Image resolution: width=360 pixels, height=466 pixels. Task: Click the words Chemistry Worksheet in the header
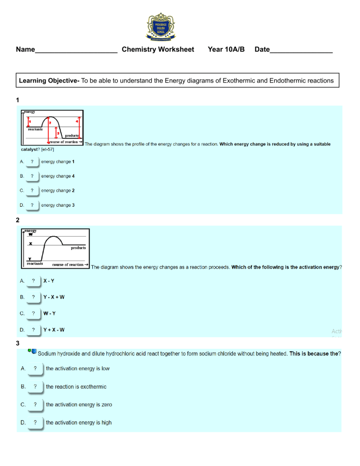(x=157, y=49)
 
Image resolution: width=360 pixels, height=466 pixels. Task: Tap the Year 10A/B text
(x=226, y=49)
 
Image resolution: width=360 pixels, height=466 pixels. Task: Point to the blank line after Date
(x=301, y=51)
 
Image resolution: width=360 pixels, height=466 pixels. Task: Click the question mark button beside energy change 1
(x=32, y=162)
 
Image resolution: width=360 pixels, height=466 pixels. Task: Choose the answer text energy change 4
(x=58, y=176)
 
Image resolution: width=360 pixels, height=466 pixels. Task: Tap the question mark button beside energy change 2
(x=32, y=191)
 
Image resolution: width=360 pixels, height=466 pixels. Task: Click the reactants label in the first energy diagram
(x=35, y=129)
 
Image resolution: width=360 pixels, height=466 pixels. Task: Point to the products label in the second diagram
(x=78, y=248)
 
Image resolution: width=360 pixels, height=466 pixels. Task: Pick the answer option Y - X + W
(x=54, y=297)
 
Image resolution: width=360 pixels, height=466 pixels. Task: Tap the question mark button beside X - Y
(x=33, y=281)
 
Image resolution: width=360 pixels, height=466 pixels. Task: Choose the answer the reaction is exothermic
(x=76, y=387)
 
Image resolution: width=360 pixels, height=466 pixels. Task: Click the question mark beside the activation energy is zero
(x=35, y=405)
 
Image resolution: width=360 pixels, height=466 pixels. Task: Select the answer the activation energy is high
(x=79, y=422)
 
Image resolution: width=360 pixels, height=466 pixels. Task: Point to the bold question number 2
(x=18, y=220)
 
